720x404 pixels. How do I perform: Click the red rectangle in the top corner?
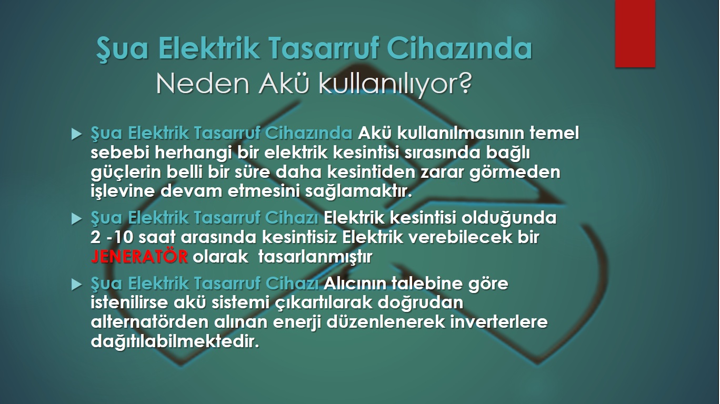pyautogui.click(x=635, y=34)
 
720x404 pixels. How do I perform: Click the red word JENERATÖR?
pyautogui.click(x=139, y=257)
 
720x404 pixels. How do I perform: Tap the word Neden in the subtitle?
pyautogui.click(x=203, y=84)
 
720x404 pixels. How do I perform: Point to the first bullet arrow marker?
pyautogui.click(x=76, y=134)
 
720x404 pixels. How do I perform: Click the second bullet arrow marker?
pyautogui.click(x=76, y=219)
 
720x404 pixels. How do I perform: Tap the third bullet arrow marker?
pyautogui.click(x=76, y=285)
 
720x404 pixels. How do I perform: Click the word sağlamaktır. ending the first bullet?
pyautogui.click(x=358, y=192)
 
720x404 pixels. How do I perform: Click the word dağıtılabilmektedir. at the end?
pyautogui.click(x=175, y=341)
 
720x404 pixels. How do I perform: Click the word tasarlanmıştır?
pyautogui.click(x=315, y=257)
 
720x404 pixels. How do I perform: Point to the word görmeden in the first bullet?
pyautogui.click(x=515, y=173)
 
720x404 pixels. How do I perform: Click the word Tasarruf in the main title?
pyautogui.click(x=325, y=48)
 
